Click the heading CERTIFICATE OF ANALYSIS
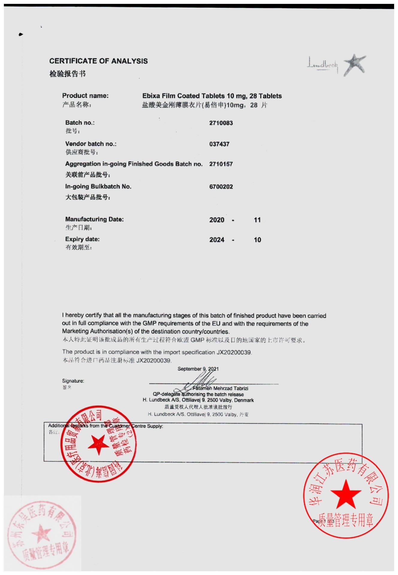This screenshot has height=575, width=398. click(x=98, y=61)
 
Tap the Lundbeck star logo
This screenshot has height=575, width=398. click(x=355, y=65)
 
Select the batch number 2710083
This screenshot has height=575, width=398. click(x=221, y=123)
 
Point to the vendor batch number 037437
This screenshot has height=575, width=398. click(x=219, y=144)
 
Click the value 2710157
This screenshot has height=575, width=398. click(x=221, y=164)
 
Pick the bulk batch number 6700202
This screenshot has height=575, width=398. click(x=221, y=187)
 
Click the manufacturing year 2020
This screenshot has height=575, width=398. click(x=217, y=220)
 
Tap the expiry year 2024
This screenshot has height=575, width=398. click(x=217, y=240)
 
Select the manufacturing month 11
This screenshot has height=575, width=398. click(x=257, y=220)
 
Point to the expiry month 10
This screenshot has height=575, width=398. click(x=257, y=240)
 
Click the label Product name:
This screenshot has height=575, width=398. click(x=85, y=96)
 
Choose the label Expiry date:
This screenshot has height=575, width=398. click(x=82, y=239)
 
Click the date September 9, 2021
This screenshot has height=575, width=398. click(x=198, y=369)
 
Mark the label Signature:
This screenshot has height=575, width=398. click(x=73, y=381)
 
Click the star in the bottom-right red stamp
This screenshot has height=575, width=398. click(x=346, y=494)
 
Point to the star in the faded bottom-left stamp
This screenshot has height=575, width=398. click(x=41, y=534)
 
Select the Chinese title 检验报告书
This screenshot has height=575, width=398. click(x=67, y=74)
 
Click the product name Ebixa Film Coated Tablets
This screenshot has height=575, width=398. click(x=183, y=96)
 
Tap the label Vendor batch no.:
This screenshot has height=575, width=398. click(x=91, y=144)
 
